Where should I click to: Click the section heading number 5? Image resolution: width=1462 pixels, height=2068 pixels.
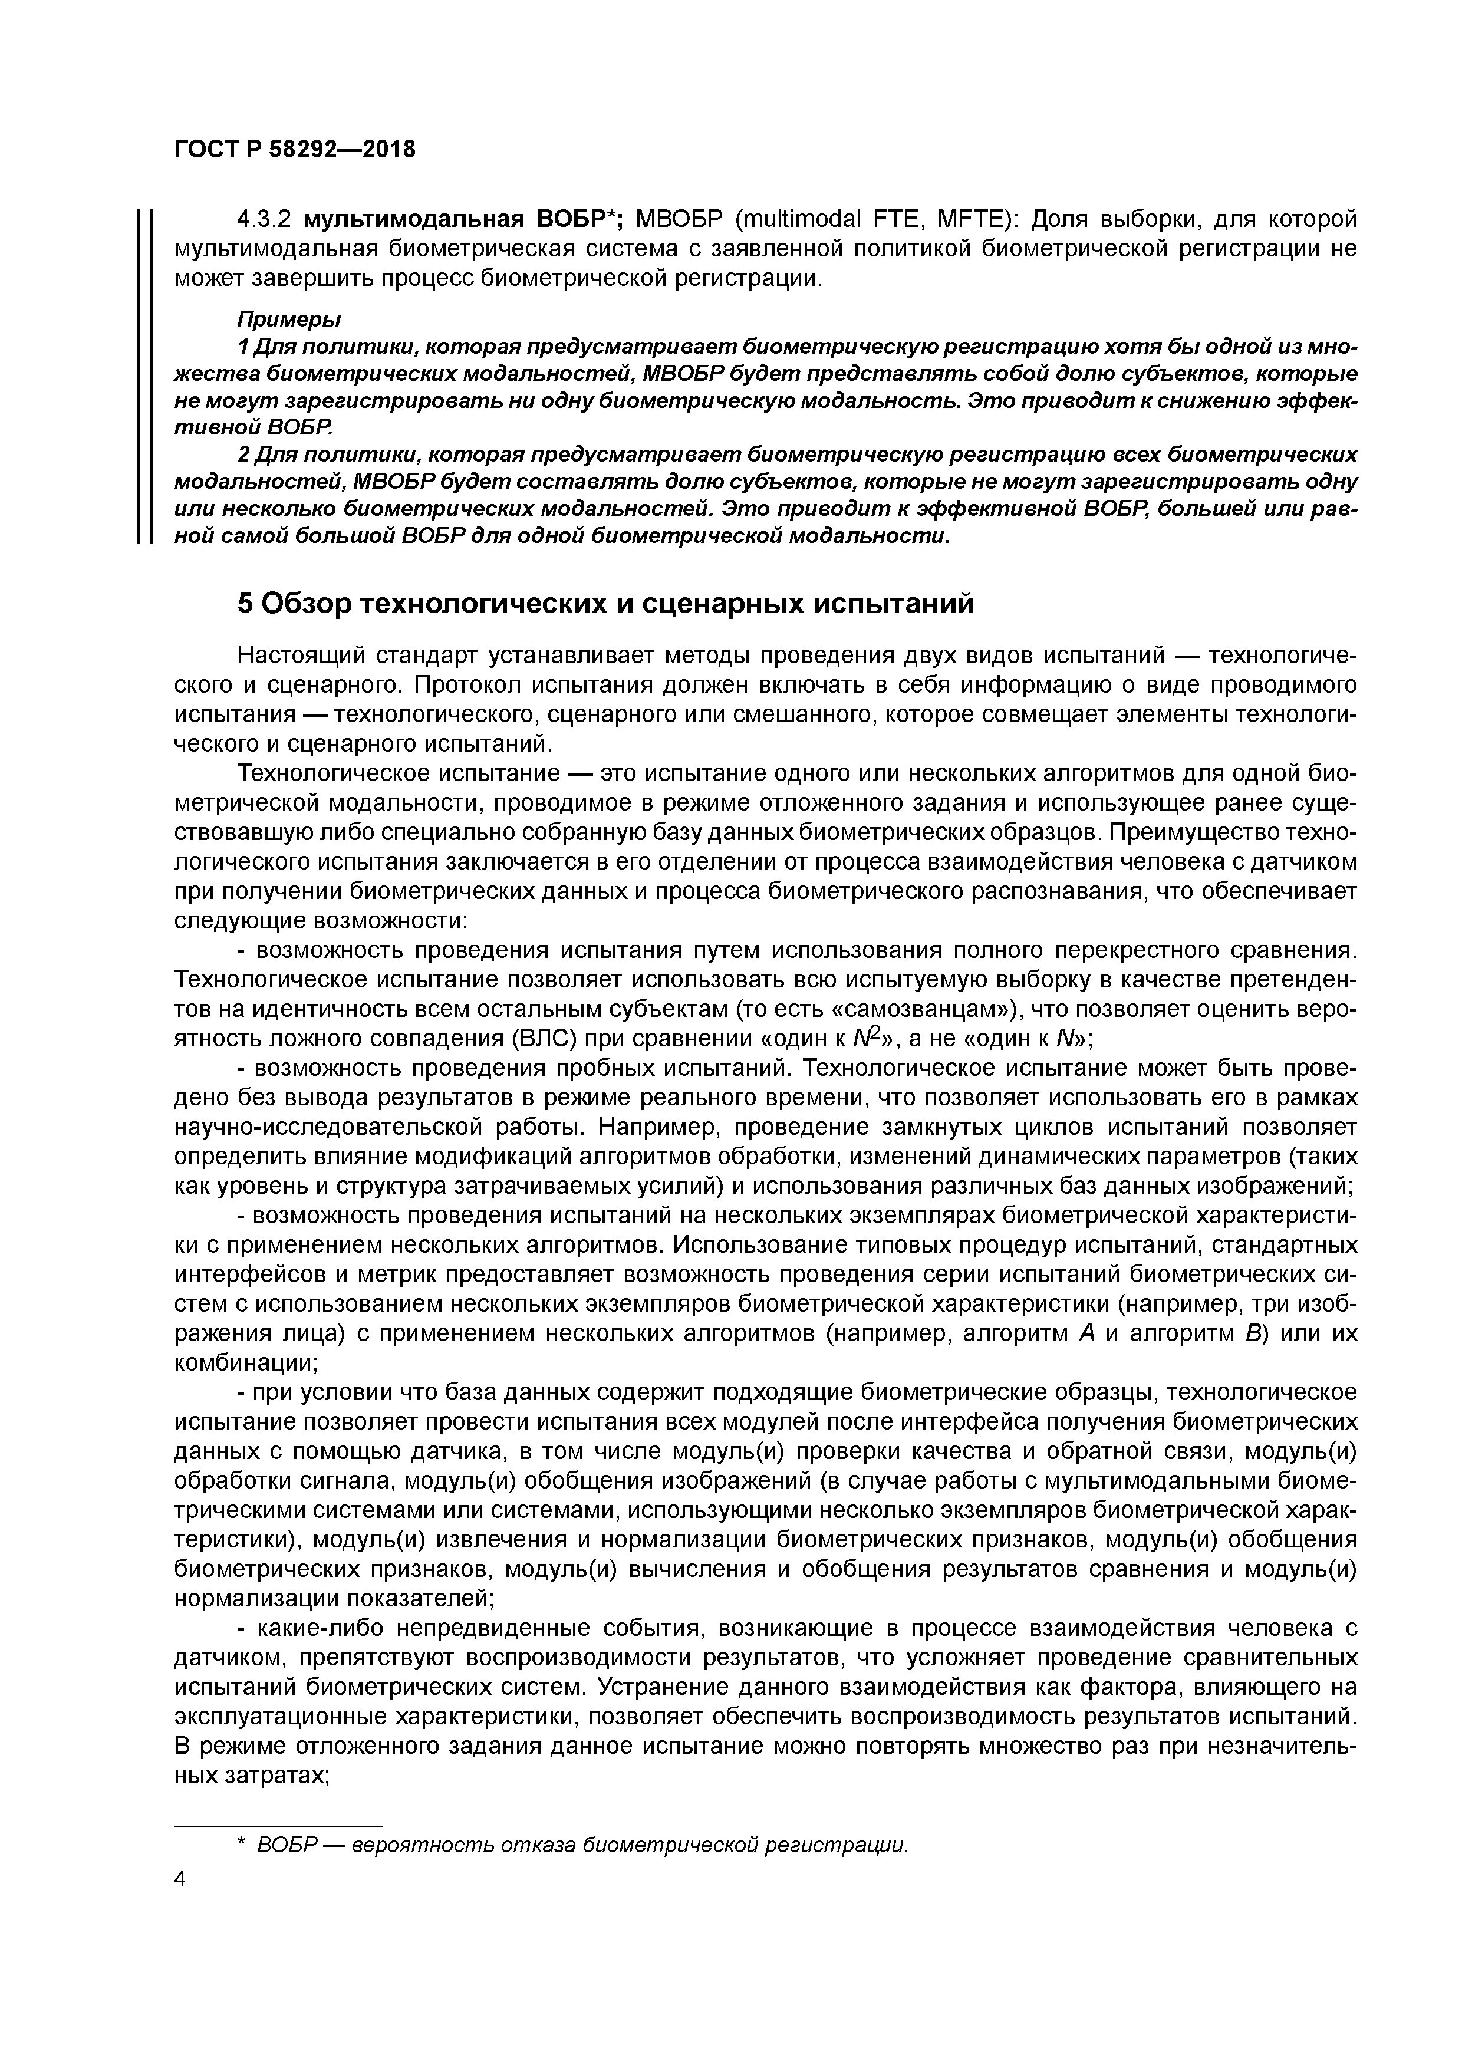246,602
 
